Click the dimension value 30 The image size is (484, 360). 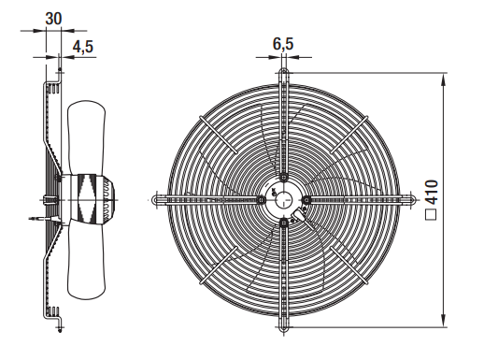point(53,19)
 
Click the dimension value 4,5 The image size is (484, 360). point(83,47)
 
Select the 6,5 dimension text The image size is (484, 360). point(283,44)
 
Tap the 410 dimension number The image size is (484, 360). point(432,191)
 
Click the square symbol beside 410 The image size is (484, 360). point(431,214)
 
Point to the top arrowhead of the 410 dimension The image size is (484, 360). point(443,79)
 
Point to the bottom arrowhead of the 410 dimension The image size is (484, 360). point(443,321)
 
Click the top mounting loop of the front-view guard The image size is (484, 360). point(284,74)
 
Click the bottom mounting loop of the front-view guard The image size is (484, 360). point(284,324)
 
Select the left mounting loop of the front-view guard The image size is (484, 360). point(158,200)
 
